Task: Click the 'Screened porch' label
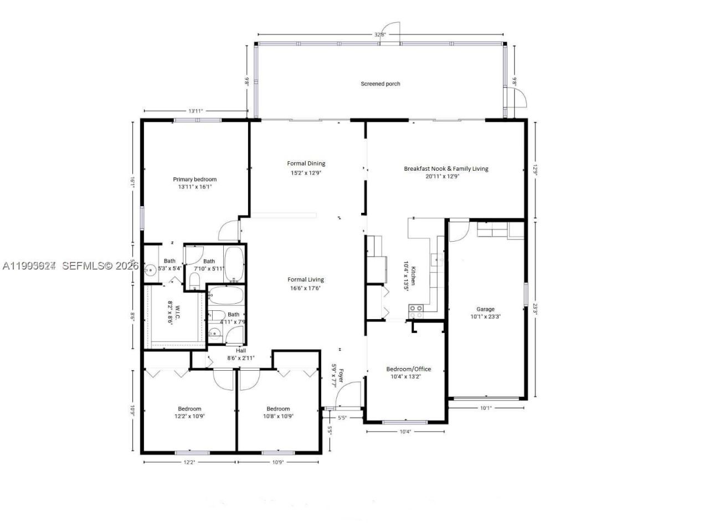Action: point(380,84)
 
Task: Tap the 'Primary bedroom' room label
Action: point(194,179)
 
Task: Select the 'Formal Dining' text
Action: point(306,163)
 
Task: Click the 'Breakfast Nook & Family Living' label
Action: point(446,168)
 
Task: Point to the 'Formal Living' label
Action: point(305,280)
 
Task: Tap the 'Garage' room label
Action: point(485,309)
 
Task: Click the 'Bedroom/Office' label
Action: point(408,369)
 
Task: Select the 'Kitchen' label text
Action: point(413,275)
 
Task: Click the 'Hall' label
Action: point(241,351)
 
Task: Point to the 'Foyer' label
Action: point(341,375)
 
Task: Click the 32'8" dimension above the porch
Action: point(379,34)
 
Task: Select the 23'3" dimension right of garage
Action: point(535,309)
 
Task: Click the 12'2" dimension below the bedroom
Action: point(189,462)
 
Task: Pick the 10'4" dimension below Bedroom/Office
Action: point(405,432)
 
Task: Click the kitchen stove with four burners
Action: point(416,311)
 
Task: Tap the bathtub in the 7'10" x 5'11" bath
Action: point(234,264)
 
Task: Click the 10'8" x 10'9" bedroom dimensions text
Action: point(278,416)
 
